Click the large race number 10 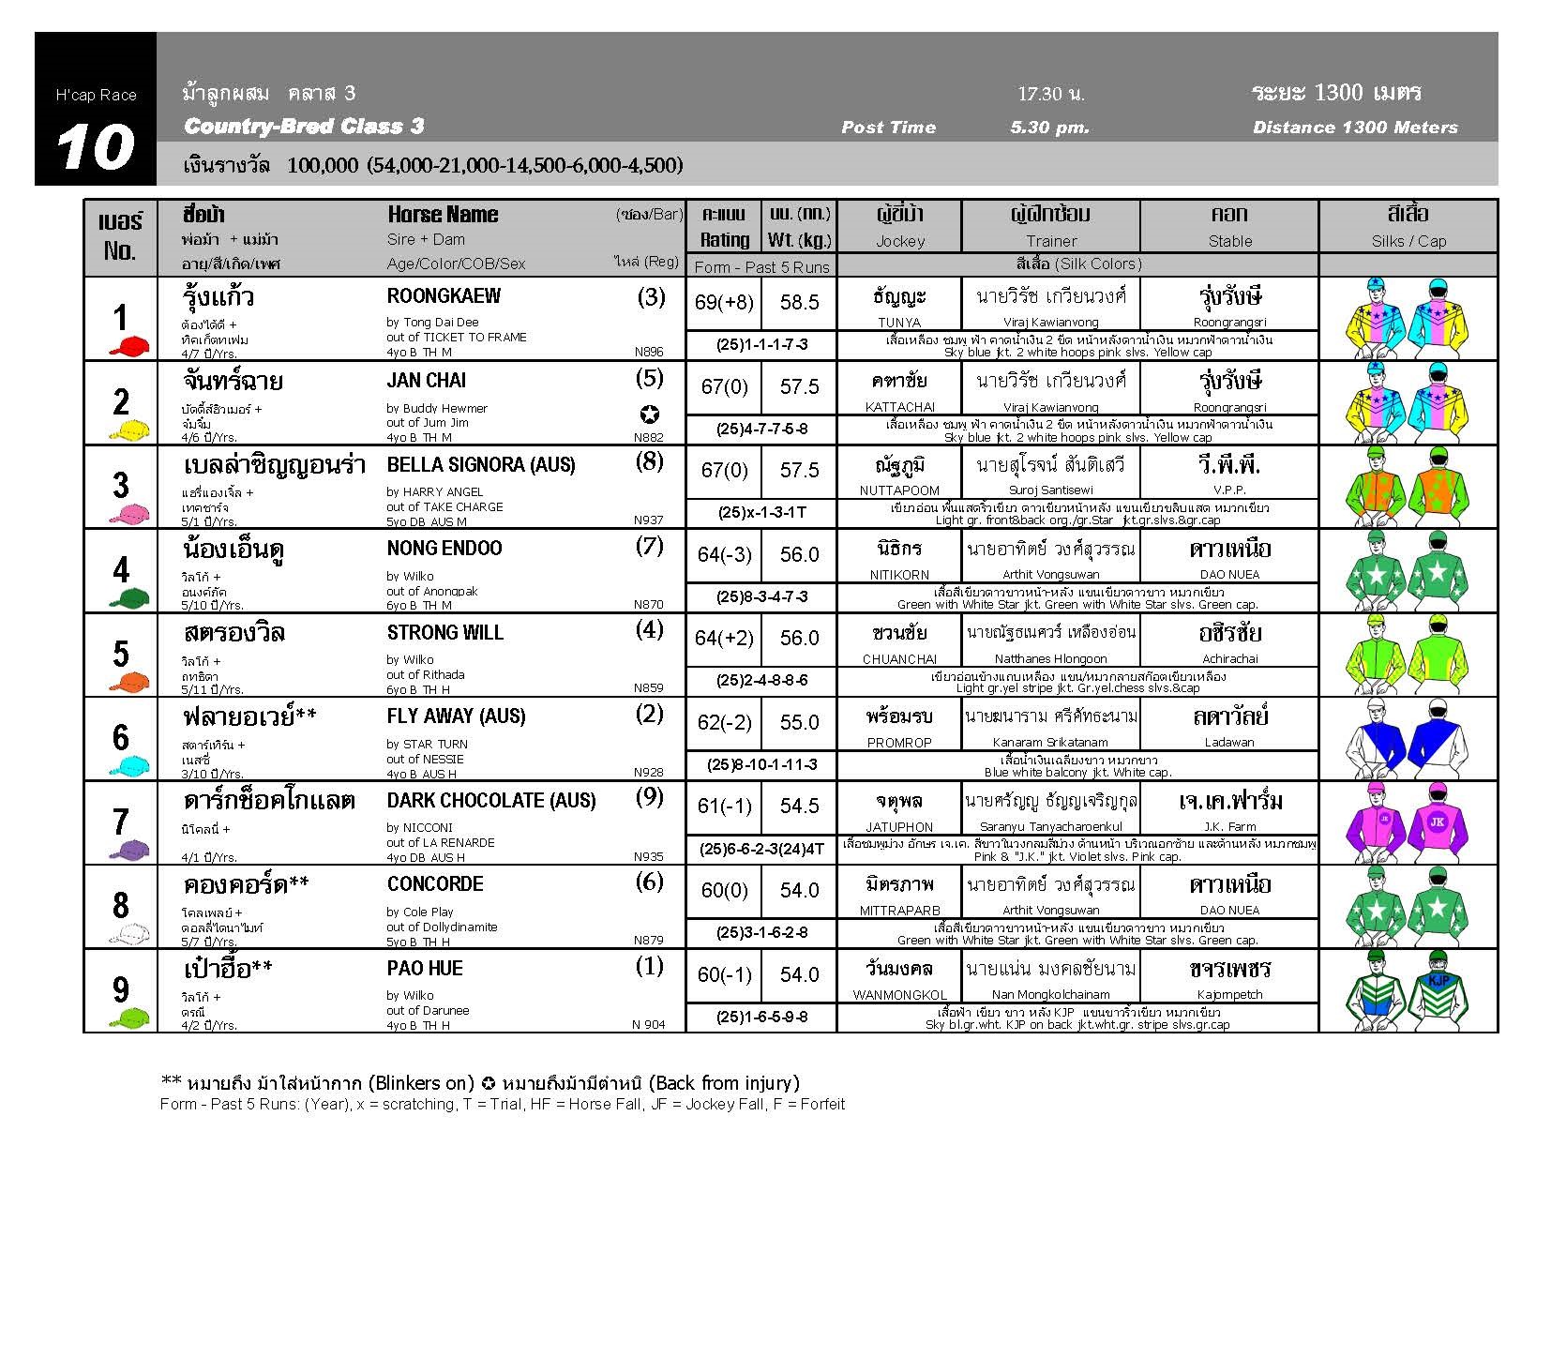[x=95, y=147]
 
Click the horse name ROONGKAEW [x=444, y=296]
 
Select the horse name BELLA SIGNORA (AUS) [x=480, y=465]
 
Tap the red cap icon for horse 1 [x=129, y=346]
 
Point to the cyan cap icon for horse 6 [x=129, y=765]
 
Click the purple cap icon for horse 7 [x=129, y=850]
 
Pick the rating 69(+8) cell [x=724, y=303]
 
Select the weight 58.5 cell [x=799, y=303]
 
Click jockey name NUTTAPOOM [x=898, y=490]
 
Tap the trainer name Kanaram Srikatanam [x=1050, y=743]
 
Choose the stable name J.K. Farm [x=1229, y=826]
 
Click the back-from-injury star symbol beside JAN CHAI [x=650, y=415]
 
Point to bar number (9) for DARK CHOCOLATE [x=649, y=798]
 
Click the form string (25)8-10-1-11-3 [x=761, y=764]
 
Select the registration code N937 [x=648, y=520]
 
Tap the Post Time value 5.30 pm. [x=1049, y=128]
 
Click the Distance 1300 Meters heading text [x=1354, y=128]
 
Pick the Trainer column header [x=1050, y=241]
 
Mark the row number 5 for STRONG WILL [x=120, y=654]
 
